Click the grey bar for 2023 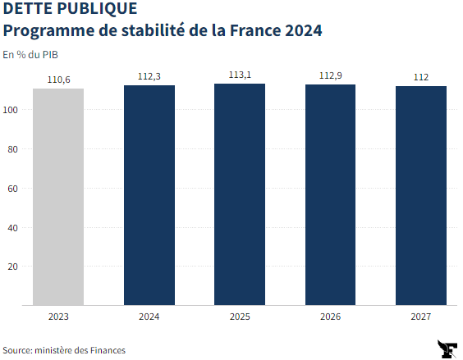[58, 197]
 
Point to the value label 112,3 [149, 77]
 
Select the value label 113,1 [240, 75]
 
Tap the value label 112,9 [330, 76]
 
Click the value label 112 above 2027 [420, 78]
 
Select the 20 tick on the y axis [13, 267]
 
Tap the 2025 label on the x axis [240, 316]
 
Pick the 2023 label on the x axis [58, 316]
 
